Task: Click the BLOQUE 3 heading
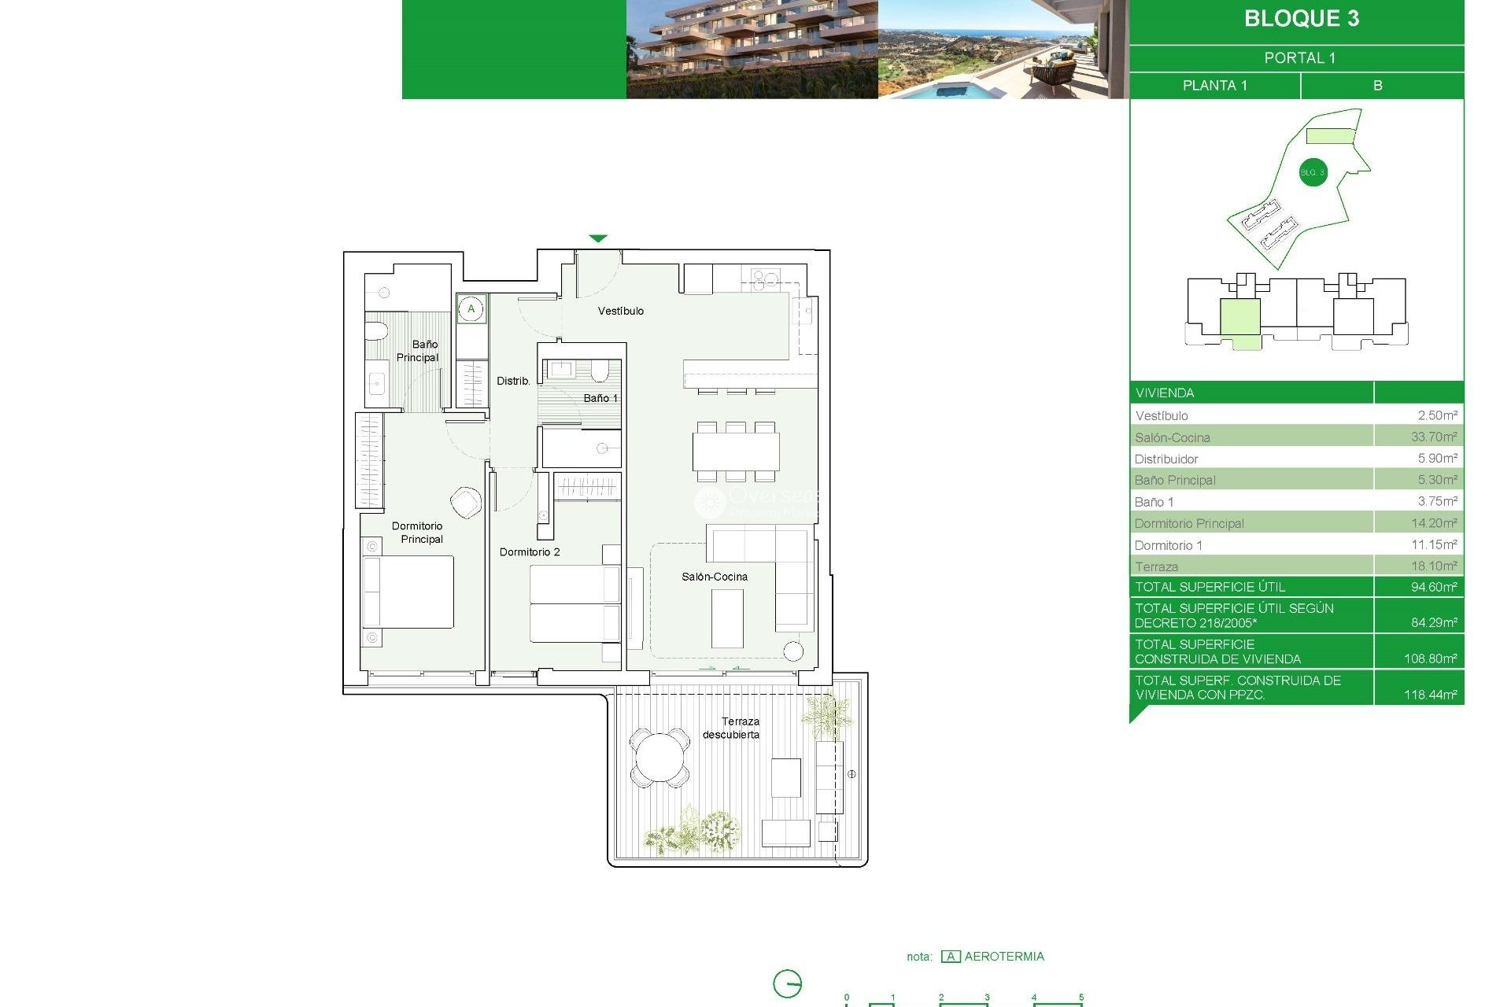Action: (1301, 19)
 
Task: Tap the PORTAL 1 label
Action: (1299, 58)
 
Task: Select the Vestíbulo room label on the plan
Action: (620, 312)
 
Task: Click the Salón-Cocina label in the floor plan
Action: (714, 577)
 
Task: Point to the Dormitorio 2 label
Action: (530, 552)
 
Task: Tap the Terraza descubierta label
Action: (732, 728)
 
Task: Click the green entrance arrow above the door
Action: (598, 238)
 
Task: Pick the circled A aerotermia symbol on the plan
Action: (471, 309)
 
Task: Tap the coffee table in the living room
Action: (727, 618)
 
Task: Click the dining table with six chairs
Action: (736, 451)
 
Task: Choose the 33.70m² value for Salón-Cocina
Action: (1433, 437)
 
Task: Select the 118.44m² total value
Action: (1430, 695)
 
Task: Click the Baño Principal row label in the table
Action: (1174, 480)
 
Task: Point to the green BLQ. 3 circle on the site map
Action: (1312, 172)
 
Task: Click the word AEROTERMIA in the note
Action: (1004, 957)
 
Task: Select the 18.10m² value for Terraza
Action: (1433, 566)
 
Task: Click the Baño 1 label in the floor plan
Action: (600, 398)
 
